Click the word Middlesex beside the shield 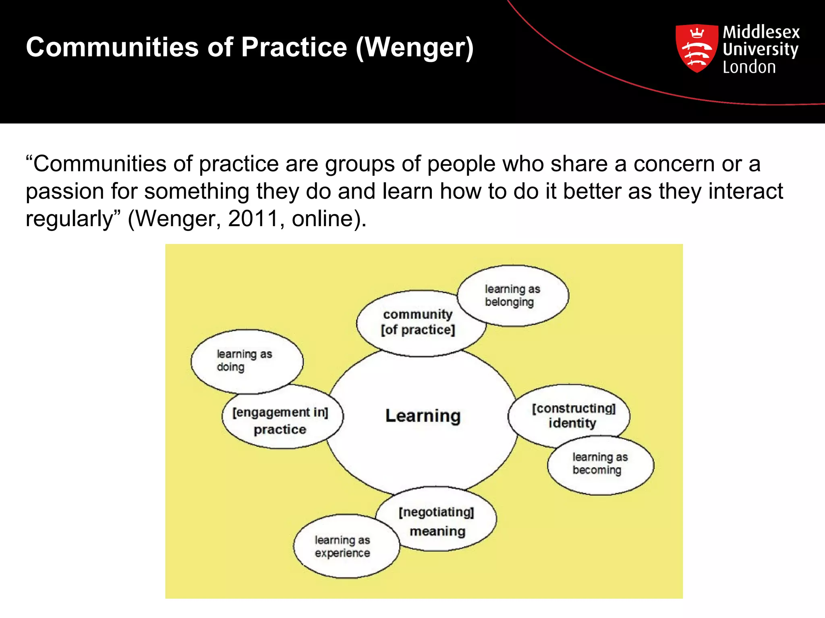pyautogui.click(x=761, y=32)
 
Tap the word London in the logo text pyautogui.click(x=749, y=67)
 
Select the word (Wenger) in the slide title pyautogui.click(x=415, y=48)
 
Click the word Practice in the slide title pyautogui.click(x=294, y=47)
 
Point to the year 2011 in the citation pyautogui.click(x=253, y=219)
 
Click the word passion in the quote pyautogui.click(x=65, y=192)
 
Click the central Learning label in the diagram pyautogui.click(x=423, y=416)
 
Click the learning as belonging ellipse pyautogui.click(x=512, y=296)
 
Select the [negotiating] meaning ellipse pyautogui.click(x=437, y=521)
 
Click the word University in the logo pyautogui.click(x=760, y=49)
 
